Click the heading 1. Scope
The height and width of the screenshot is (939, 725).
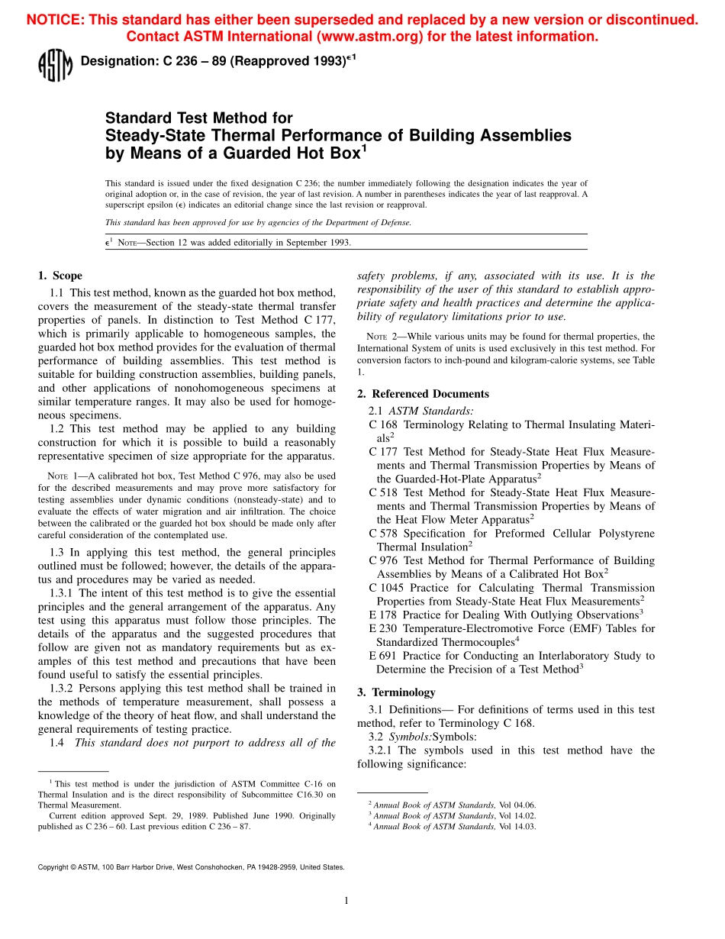(60, 276)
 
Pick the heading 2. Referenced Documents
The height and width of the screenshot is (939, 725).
(423, 394)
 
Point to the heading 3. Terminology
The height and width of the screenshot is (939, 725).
(396, 692)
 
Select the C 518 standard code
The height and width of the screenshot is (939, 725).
(383, 492)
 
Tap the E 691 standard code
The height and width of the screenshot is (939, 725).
(383, 656)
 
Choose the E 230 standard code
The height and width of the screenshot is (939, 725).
(383, 628)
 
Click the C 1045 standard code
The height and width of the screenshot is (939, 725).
(386, 588)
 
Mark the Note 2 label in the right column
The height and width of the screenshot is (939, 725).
(377, 337)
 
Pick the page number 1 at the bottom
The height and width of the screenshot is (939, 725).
(346, 901)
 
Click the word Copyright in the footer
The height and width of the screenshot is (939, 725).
(53, 867)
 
